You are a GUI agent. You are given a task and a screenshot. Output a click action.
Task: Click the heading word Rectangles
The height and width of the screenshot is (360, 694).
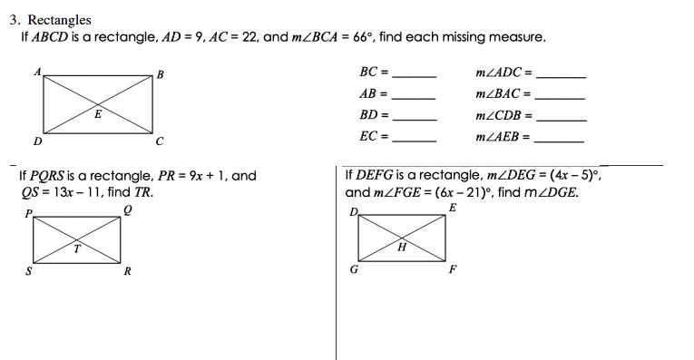59,19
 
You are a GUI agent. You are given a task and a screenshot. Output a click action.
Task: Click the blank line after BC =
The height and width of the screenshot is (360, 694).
414,75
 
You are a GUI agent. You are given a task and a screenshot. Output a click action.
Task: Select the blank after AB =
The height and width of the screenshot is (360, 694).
414,97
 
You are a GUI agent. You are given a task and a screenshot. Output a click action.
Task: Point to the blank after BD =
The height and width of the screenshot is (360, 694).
414,120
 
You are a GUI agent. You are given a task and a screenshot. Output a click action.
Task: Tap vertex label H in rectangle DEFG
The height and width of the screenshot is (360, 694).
400,246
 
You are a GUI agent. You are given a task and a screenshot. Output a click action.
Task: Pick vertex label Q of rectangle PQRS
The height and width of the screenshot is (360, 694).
128,208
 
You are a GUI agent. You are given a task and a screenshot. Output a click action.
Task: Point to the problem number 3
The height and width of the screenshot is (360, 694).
14,19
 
